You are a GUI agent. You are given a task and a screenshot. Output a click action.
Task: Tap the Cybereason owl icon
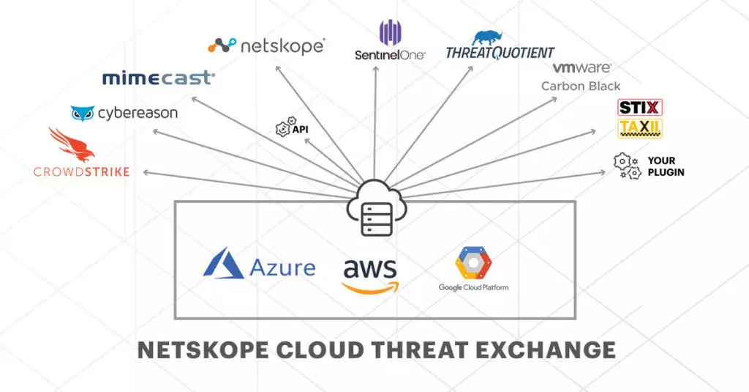point(83,114)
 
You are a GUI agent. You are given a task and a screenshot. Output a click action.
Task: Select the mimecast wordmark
point(158,78)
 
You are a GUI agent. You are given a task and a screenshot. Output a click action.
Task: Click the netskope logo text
point(282,46)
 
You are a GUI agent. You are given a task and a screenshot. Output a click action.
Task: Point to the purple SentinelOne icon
point(390,33)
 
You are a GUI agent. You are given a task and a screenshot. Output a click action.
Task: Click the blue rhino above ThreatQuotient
point(488,39)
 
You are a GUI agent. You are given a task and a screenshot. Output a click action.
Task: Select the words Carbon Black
point(581,86)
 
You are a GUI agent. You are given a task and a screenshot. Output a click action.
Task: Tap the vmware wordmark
point(581,68)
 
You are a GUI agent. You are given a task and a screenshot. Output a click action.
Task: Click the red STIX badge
point(640,108)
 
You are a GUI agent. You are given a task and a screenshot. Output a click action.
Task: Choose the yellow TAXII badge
point(640,129)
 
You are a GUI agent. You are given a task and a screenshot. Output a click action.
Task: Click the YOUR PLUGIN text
point(666,166)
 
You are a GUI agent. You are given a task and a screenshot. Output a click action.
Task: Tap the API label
point(299,129)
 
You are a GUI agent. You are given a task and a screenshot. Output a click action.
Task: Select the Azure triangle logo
point(223,264)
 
